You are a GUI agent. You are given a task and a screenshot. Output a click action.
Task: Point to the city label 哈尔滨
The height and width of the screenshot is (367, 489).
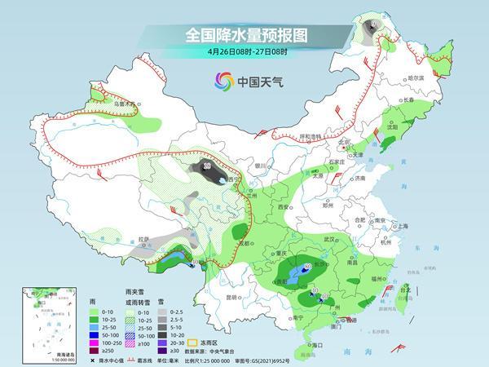click(x=416, y=77)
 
